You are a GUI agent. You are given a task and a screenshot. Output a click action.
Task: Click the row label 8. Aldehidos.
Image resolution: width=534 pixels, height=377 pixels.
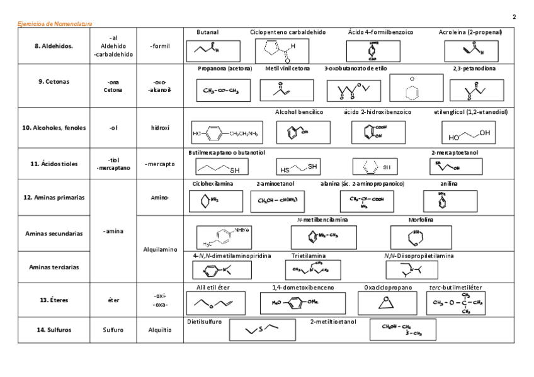pos(54,46)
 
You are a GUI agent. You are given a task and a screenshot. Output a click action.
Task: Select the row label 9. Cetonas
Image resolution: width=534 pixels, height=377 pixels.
pos(54,81)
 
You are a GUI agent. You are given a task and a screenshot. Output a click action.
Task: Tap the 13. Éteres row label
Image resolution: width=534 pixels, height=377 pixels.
pos(54,300)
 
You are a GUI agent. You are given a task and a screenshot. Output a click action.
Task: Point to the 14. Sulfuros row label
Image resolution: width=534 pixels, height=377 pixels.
pos(54,329)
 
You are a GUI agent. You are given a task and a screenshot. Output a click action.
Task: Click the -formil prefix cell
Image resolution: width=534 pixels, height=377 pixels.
pos(160,46)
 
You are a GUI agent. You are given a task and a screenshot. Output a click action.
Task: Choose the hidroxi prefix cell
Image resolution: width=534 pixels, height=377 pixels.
pos(160,128)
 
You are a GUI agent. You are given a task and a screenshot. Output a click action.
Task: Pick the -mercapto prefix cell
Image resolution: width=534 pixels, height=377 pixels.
pos(160,164)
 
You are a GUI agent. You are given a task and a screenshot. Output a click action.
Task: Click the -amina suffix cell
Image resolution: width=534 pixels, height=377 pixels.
pos(113,231)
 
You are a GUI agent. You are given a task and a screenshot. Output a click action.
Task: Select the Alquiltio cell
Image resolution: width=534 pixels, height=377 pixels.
pos(160,329)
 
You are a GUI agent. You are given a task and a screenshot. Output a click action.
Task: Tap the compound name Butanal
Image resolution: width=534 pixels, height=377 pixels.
pos(208,31)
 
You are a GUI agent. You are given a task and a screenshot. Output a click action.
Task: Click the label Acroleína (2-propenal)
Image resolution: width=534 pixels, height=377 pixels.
pos(470,31)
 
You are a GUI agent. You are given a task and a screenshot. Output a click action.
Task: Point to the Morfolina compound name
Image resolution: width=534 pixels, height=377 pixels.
pos(421,220)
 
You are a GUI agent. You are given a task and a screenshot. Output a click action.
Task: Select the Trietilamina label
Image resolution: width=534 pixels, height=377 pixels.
pos(309,256)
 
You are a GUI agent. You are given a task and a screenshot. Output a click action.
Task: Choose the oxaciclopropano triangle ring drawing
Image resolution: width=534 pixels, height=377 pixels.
pos(388,303)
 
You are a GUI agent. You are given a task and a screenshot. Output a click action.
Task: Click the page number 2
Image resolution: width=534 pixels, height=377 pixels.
pos(514,16)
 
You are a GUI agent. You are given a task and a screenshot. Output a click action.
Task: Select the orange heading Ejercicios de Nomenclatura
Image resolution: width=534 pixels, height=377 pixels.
pos(55,24)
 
